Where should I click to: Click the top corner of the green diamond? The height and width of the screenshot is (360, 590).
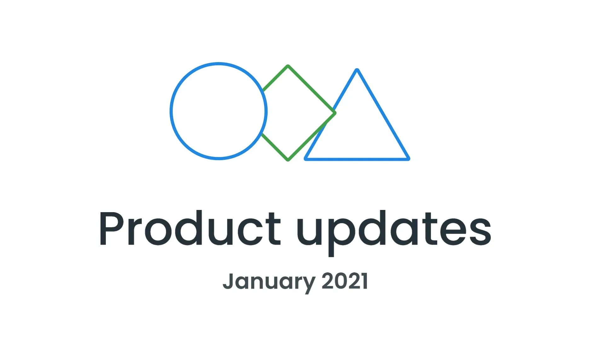click(x=288, y=66)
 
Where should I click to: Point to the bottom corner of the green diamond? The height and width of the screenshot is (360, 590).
click(x=288, y=160)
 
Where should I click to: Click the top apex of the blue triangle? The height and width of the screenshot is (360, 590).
click(x=357, y=70)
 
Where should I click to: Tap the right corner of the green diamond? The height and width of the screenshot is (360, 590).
click(x=335, y=113)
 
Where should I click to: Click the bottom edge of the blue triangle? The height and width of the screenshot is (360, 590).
click(x=357, y=159)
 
